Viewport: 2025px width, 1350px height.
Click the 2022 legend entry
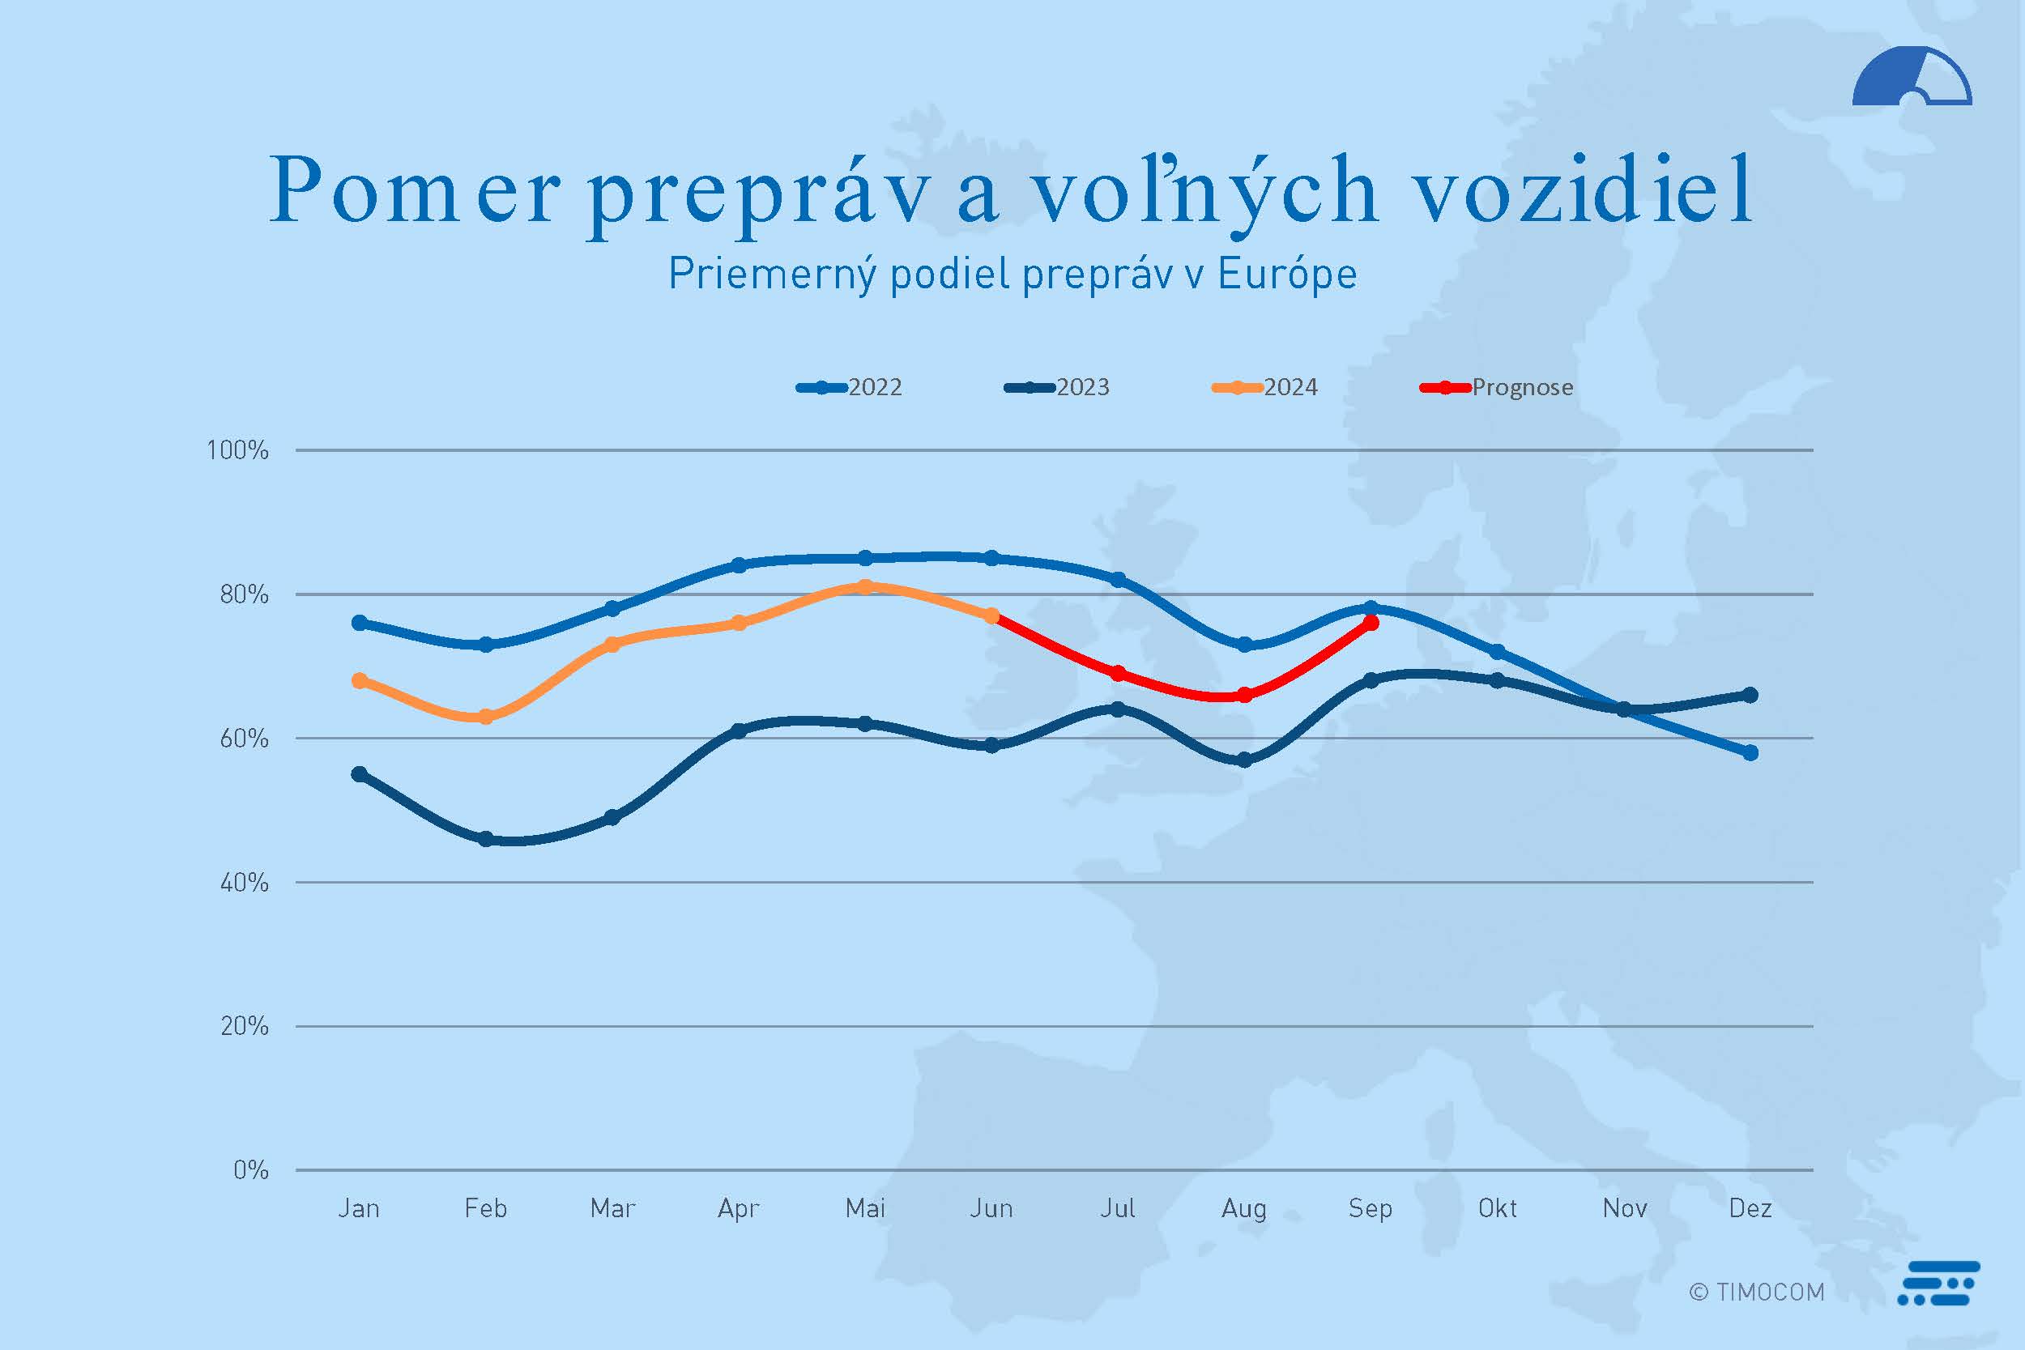coord(850,387)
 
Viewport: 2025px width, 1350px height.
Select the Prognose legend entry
coord(1497,387)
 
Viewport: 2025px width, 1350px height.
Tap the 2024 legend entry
coord(1265,387)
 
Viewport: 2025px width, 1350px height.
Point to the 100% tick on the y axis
coord(237,450)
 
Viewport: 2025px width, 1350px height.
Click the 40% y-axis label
coord(244,883)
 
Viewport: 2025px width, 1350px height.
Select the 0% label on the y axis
coord(250,1170)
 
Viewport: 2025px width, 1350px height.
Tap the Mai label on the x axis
coord(865,1209)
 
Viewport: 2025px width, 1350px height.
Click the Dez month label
coord(1750,1209)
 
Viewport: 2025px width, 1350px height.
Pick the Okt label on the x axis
coord(1497,1209)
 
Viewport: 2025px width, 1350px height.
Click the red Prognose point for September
coord(1371,623)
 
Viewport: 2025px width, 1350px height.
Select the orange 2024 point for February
coord(485,717)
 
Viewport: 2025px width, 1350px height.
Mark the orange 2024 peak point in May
coord(865,587)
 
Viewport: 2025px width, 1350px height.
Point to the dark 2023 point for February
coord(485,838)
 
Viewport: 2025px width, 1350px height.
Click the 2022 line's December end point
coord(1750,752)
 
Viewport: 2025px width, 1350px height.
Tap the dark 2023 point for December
coord(1750,695)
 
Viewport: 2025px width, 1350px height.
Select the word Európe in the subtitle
coord(1287,275)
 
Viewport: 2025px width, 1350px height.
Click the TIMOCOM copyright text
coord(1756,1293)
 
